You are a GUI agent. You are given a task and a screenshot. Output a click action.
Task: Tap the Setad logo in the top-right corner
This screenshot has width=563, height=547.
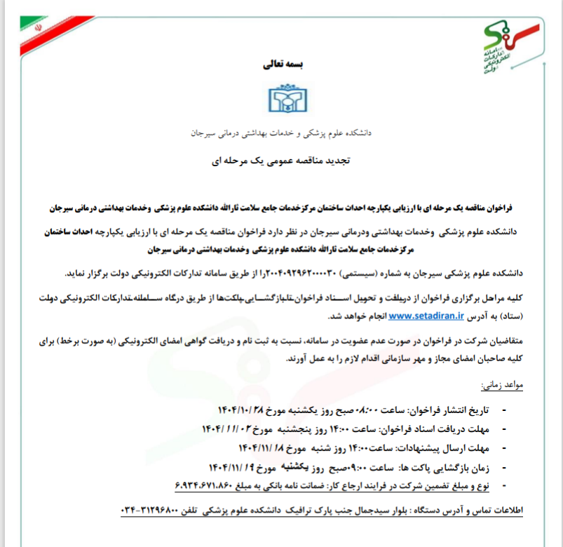click(x=514, y=46)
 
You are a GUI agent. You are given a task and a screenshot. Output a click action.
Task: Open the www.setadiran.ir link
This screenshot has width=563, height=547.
click(x=427, y=316)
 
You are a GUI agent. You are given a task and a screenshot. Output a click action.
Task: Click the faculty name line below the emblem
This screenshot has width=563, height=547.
click(x=281, y=132)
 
